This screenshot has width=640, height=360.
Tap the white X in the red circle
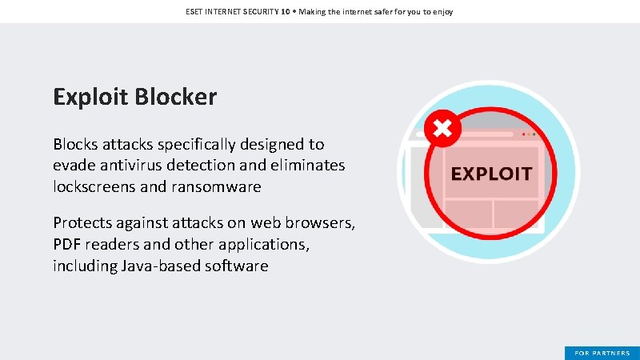click(x=442, y=128)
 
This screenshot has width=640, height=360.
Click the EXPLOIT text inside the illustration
click(x=491, y=174)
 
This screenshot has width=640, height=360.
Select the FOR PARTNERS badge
click(x=602, y=353)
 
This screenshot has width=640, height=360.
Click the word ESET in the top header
click(x=195, y=12)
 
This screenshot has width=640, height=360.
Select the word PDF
click(x=67, y=245)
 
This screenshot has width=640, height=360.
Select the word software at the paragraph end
click(x=236, y=266)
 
